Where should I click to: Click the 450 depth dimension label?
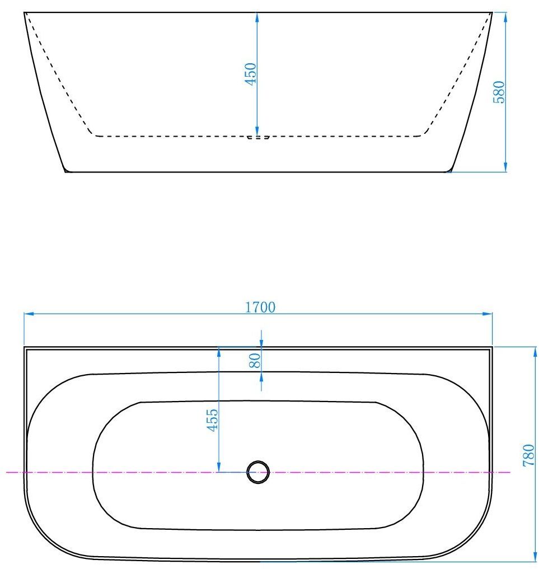[x=251, y=74]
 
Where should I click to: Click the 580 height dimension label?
[x=499, y=92]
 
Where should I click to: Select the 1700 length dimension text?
[x=261, y=307]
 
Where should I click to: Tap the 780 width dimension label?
[x=528, y=455]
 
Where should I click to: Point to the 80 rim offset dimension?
[x=255, y=361]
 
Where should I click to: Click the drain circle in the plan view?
[x=258, y=472]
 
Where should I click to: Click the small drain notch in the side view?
[x=258, y=137]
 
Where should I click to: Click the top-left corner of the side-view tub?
[x=24, y=12]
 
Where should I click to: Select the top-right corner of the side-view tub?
[x=492, y=12]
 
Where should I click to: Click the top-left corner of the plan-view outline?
[x=25, y=347]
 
